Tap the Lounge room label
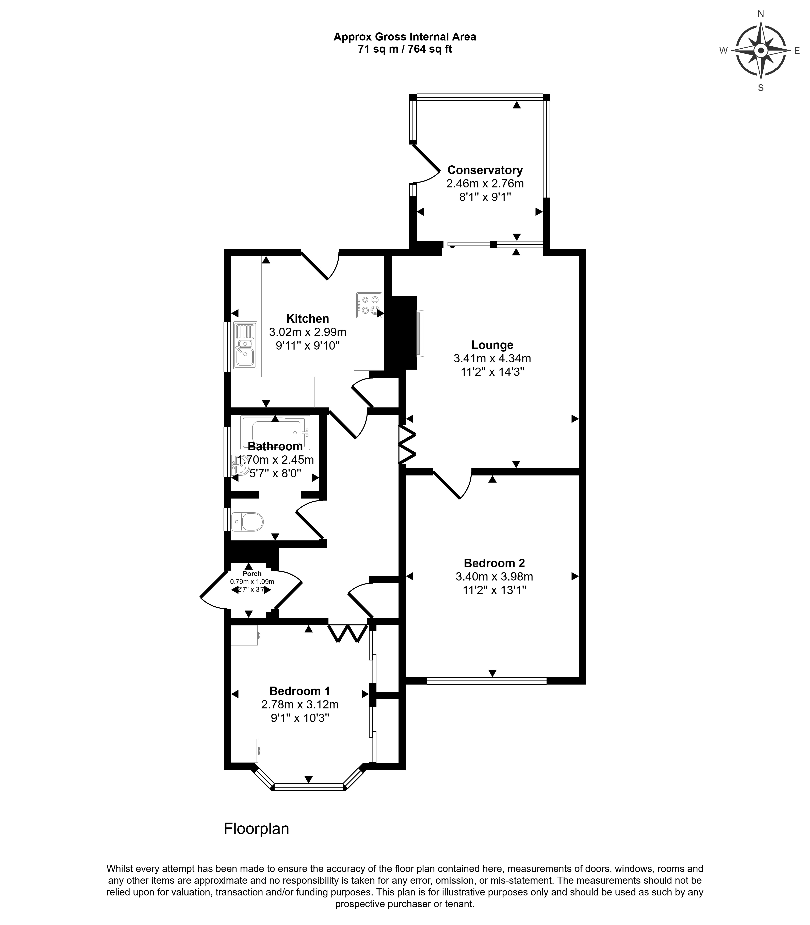[x=492, y=345]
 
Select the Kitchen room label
[x=307, y=319]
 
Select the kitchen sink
[x=245, y=345]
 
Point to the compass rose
[x=761, y=51]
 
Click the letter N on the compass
[x=761, y=14]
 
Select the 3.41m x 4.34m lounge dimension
[x=492, y=358]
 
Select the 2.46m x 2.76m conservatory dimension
[x=485, y=183]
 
